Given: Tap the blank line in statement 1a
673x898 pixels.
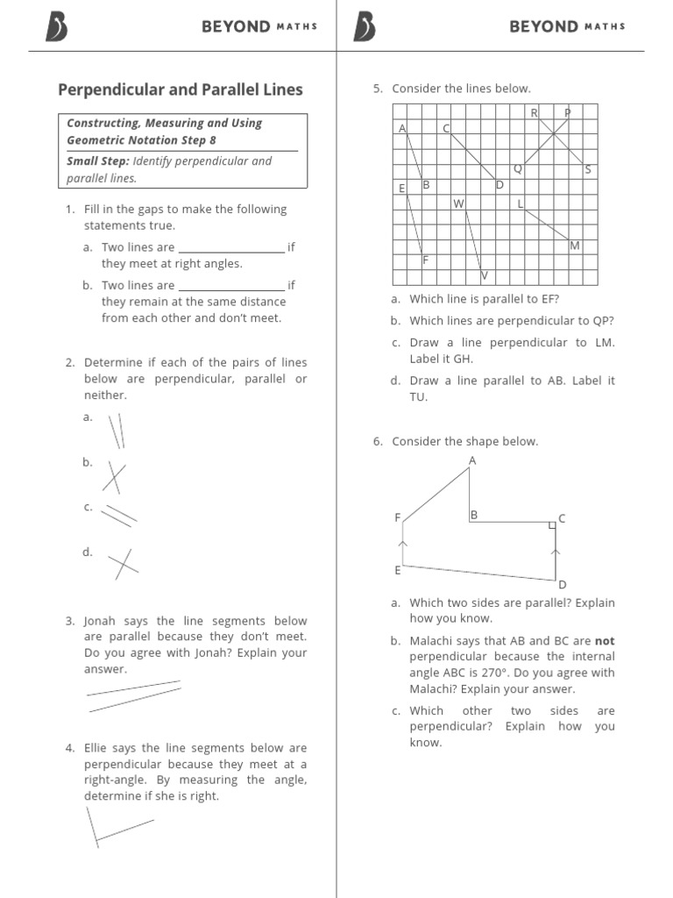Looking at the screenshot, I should [x=231, y=251].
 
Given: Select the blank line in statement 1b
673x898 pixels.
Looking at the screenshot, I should [x=231, y=289].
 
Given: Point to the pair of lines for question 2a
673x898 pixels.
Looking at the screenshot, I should [x=116, y=430].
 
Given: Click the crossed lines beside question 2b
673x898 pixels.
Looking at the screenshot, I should [x=114, y=476].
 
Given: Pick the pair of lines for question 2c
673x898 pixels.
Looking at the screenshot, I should [x=119, y=515].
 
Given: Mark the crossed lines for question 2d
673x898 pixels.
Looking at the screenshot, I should [x=122, y=564].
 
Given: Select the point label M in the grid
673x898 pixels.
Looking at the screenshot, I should [x=574, y=246].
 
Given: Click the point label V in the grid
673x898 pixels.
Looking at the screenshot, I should [x=484, y=276].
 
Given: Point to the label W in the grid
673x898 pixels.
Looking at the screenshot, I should [x=457, y=204].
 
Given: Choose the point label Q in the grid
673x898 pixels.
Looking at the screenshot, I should [x=517, y=168].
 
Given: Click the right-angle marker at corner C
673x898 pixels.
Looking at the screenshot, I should [x=551, y=524].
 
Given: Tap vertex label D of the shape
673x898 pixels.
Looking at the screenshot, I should [x=563, y=585].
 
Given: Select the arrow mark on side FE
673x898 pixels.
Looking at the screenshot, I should [x=402, y=545].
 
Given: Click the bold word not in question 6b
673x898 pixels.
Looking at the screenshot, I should [x=605, y=641].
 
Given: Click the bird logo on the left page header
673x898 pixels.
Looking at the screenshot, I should [x=56, y=28].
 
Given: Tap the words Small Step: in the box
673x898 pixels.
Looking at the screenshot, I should [x=97, y=161].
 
